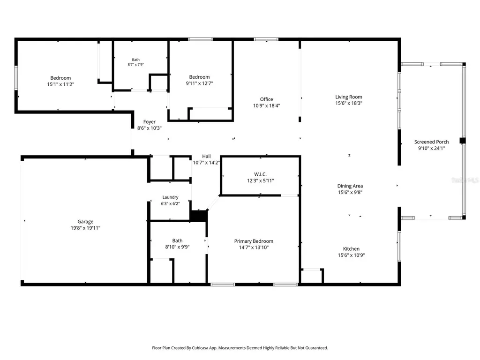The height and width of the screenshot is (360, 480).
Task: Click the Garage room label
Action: pos(85,221)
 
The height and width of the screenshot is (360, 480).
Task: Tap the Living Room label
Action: pos(349,97)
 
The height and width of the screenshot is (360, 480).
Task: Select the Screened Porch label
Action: pos(432,142)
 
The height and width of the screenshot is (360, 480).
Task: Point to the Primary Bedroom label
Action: pos(254,241)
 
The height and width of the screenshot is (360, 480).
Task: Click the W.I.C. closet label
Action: pos(261,174)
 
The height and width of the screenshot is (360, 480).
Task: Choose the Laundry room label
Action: pos(171,197)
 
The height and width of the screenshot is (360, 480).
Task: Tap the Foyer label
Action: pos(150,122)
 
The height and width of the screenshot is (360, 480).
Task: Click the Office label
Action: pos(267,99)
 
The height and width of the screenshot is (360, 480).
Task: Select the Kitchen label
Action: pos(352,248)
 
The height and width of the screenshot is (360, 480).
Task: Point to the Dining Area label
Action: pos(350,186)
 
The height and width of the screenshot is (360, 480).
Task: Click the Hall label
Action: pos(206,156)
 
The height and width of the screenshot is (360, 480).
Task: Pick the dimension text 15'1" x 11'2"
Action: pos(60,84)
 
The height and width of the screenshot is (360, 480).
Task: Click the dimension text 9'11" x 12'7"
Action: pos(200,83)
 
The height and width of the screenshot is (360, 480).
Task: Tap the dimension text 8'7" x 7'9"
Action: pos(135,64)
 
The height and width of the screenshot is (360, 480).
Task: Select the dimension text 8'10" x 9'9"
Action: pos(178,247)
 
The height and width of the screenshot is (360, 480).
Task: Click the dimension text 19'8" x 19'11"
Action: pos(85,228)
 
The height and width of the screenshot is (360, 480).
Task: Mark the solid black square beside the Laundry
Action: pos(199,216)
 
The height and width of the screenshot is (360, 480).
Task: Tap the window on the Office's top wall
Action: pos(266,39)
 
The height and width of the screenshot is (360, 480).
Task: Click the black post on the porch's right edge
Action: pos(463,141)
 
